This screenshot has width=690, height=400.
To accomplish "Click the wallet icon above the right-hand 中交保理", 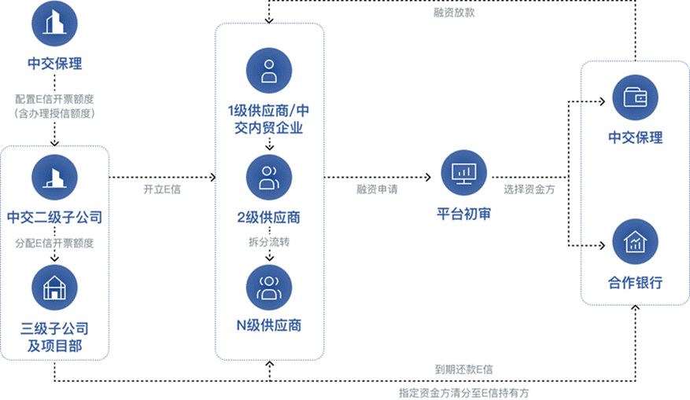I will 635,97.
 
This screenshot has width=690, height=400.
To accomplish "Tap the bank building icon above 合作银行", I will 635,242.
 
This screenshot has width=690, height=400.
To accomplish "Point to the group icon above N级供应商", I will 269,287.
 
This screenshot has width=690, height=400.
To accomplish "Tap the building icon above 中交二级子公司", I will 54,177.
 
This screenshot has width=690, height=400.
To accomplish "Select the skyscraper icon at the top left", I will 54,24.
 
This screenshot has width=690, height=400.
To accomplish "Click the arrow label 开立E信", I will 161,189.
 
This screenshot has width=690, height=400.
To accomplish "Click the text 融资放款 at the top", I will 454,13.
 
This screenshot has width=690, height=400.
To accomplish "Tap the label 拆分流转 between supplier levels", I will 269,242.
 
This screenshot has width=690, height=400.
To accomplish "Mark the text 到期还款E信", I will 464,369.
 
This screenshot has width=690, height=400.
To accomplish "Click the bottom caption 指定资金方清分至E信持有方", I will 469,391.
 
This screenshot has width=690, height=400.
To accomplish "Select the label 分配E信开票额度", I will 54,243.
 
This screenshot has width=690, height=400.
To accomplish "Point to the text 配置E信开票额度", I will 54,99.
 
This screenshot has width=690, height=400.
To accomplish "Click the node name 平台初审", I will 463,213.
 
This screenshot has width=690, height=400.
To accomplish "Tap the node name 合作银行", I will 635,282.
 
